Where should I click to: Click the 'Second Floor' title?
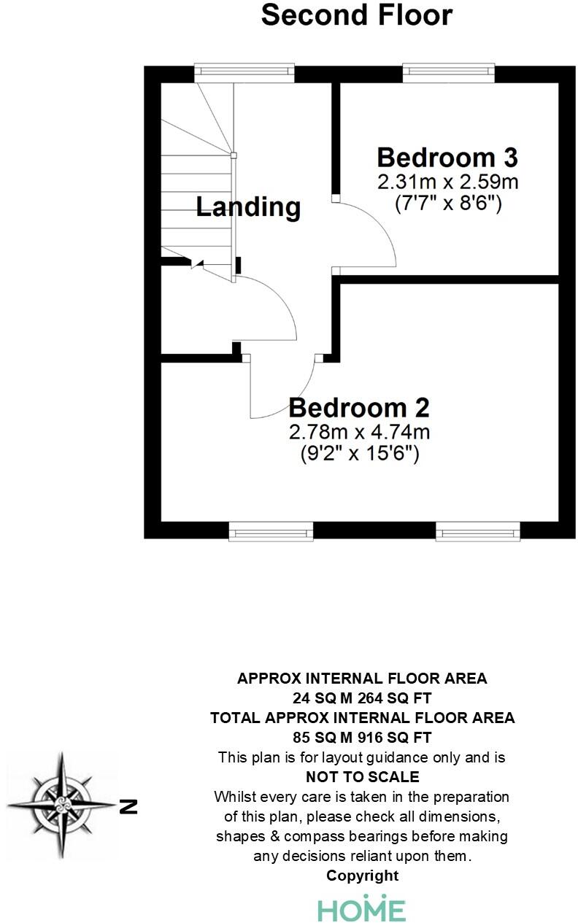click(357, 15)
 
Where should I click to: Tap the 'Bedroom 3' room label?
click(447, 158)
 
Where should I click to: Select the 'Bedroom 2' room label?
click(359, 407)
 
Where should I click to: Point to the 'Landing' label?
click(248, 207)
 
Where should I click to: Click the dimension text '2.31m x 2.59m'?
click(447, 181)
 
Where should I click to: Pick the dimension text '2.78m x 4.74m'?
click(359, 431)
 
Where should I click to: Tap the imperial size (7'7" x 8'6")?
click(447, 203)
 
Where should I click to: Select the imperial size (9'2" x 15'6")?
click(359, 454)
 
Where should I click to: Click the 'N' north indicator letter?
click(129, 806)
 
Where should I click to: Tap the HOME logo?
click(361, 909)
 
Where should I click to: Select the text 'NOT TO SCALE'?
click(362, 776)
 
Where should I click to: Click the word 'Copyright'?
click(362, 876)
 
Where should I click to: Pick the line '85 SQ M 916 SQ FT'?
click(362, 737)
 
